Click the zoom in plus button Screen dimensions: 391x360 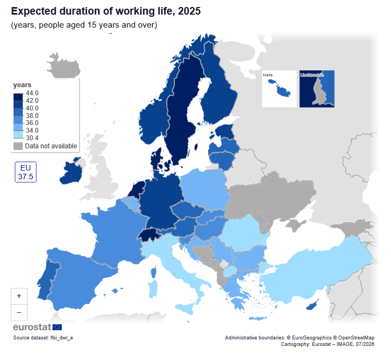click(19, 296)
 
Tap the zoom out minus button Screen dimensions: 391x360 click(19, 312)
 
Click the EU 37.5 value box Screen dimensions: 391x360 click(25, 172)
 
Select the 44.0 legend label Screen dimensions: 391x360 click(32, 93)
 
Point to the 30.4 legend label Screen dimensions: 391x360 click(32, 138)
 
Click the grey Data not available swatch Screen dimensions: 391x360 click(18, 146)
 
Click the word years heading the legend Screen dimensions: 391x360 click(22, 85)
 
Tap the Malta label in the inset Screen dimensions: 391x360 click(268, 75)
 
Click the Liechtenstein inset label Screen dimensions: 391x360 click(312, 75)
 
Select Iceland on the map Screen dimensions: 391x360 click(63, 66)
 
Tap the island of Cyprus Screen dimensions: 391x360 click(312, 305)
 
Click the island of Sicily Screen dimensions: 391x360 click(185, 309)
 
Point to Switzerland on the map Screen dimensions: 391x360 click(149, 235)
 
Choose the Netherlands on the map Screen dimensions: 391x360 click(136, 189)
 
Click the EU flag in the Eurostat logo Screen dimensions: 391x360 click(57, 327)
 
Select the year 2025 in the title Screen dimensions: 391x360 click(189, 11)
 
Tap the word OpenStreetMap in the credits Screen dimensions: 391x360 click(356, 338)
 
